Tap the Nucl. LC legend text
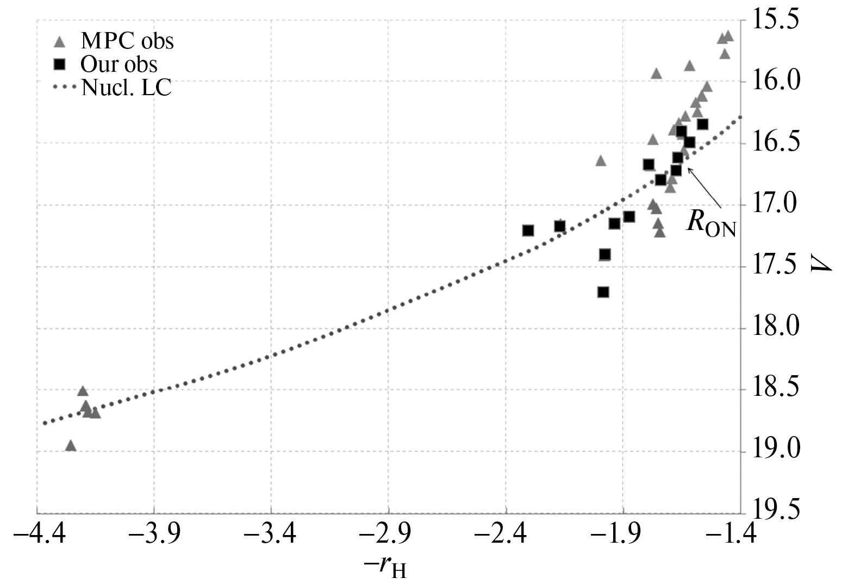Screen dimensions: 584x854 (x=126, y=88)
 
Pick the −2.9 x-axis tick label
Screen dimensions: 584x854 (x=388, y=535)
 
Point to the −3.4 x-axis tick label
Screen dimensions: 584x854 (x=271, y=535)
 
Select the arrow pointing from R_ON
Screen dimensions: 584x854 (x=705, y=188)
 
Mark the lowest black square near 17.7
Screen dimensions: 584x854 (x=603, y=292)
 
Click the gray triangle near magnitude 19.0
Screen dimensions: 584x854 (x=70, y=446)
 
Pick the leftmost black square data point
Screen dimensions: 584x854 (x=528, y=231)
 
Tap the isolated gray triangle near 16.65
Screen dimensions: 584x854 (x=601, y=161)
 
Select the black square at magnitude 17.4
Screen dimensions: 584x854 (x=604, y=254)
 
